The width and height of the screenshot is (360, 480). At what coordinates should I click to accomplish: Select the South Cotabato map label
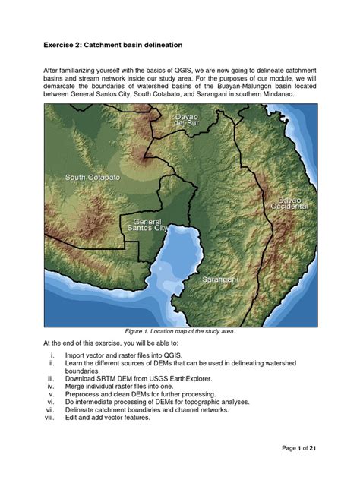(x=93, y=177)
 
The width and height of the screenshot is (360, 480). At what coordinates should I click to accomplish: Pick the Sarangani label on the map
(x=220, y=280)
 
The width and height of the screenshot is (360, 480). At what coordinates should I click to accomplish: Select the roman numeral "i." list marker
(x=52, y=355)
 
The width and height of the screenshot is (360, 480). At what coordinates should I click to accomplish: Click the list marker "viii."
(x=51, y=418)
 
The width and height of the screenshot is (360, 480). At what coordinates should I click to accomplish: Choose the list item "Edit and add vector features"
(x=115, y=418)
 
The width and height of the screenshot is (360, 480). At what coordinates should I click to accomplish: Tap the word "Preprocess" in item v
(x=84, y=394)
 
